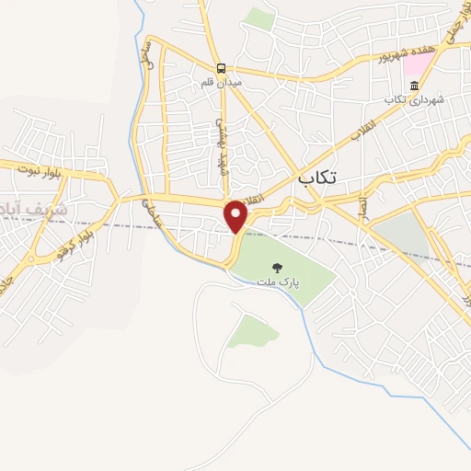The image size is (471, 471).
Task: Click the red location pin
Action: (x=236, y=215)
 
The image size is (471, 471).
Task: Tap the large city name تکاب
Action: (x=318, y=178)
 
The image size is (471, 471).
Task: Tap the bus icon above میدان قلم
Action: (x=221, y=68)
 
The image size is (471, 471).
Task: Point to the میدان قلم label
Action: (x=221, y=83)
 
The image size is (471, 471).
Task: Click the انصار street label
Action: (x=362, y=204)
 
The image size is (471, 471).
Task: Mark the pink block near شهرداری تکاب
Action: (x=419, y=64)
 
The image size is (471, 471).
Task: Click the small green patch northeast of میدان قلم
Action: (x=261, y=18)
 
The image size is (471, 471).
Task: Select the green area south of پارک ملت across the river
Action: (x=252, y=330)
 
